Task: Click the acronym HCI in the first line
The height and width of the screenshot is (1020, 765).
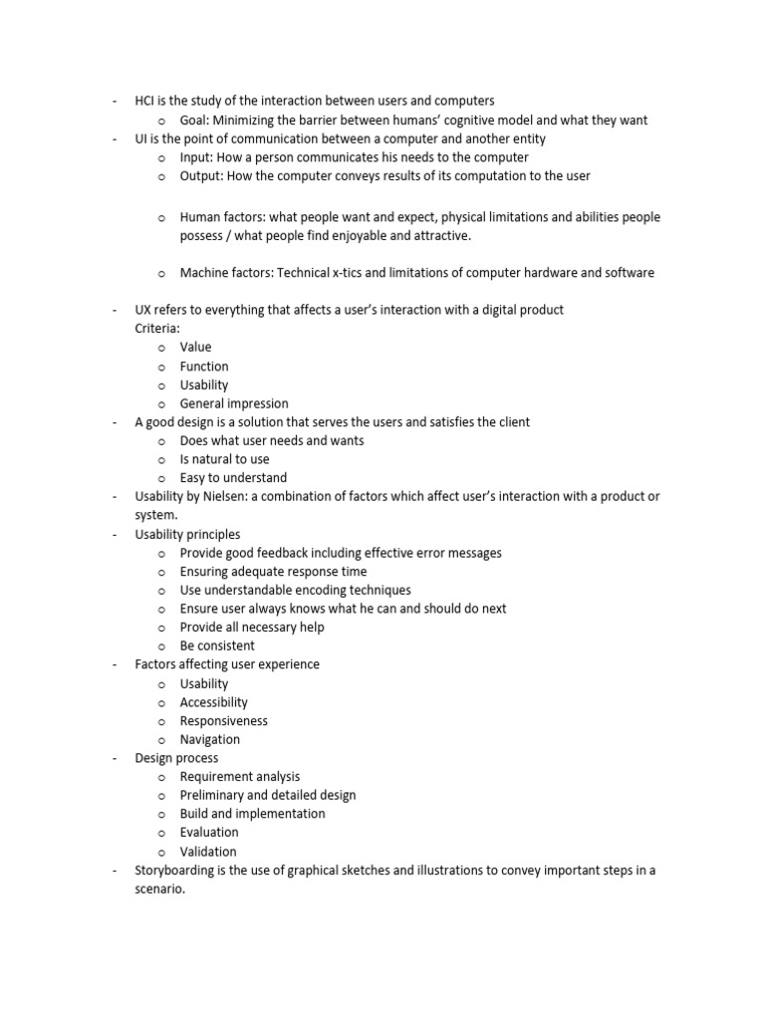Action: pos(146,102)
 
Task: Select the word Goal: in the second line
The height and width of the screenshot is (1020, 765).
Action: pos(197,121)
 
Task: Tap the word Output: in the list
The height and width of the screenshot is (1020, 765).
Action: pos(202,176)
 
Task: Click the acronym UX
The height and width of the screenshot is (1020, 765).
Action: pos(144,310)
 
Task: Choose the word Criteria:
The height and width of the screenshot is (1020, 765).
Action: pos(157,328)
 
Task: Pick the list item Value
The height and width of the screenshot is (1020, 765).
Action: pos(195,348)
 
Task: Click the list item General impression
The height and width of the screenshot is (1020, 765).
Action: pos(234,403)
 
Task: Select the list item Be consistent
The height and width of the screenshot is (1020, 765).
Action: pos(217,645)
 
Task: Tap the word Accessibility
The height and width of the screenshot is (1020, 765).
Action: pos(214,702)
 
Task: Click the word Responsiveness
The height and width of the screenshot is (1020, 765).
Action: pos(223,721)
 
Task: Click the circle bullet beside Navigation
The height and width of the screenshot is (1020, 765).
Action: pos(160,740)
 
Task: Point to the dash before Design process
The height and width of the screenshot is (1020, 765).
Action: pos(115,758)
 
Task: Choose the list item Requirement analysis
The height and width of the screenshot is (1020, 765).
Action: pos(240,777)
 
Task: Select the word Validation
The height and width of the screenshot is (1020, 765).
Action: pos(208,852)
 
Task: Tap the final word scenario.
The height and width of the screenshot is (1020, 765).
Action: pos(159,890)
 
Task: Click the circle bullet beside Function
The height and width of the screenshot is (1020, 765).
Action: pos(160,367)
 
